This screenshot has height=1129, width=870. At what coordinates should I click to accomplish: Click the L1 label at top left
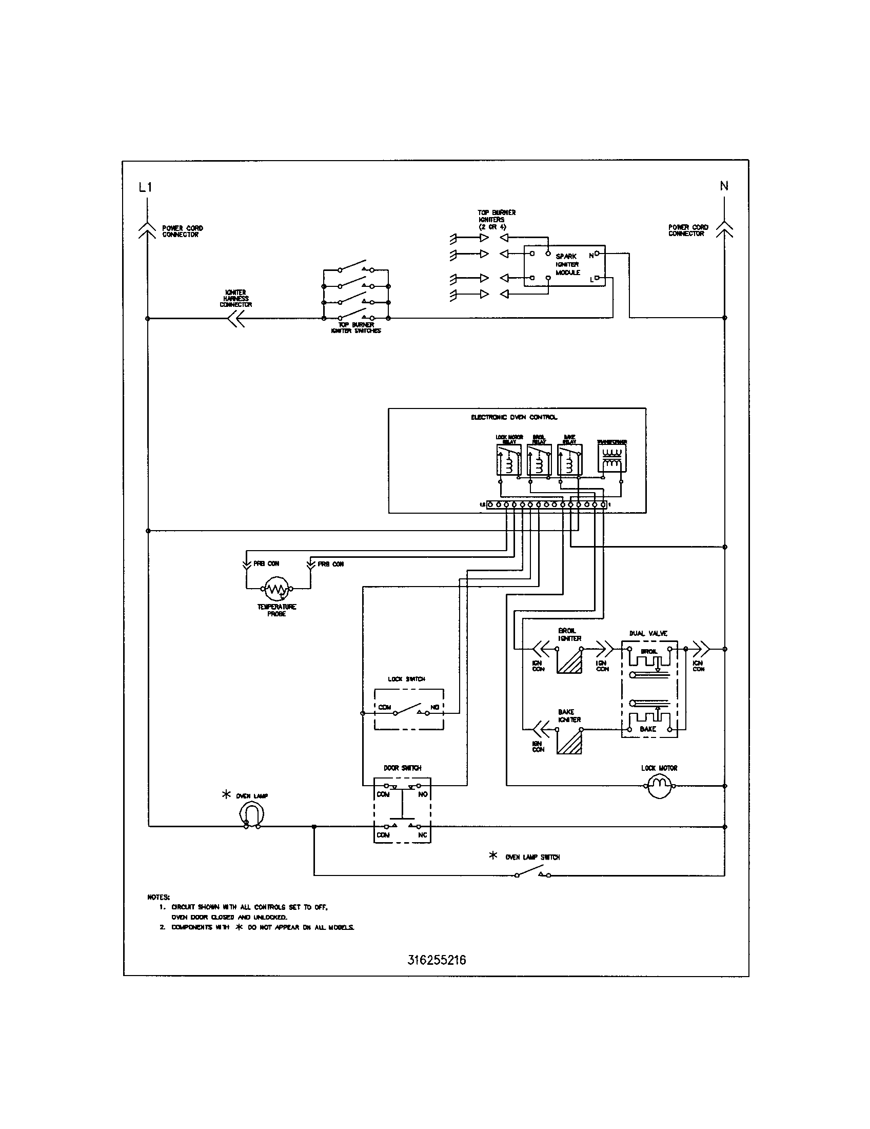point(145,187)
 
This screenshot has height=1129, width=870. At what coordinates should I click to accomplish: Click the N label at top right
point(724,186)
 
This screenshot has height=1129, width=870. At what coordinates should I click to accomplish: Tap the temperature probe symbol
point(277,588)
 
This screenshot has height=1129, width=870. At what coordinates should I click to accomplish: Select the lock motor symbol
point(659,786)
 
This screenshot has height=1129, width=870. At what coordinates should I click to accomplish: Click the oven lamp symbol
point(251,815)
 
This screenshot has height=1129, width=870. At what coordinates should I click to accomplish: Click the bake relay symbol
point(569,460)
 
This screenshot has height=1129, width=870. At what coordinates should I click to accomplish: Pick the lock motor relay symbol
point(509,460)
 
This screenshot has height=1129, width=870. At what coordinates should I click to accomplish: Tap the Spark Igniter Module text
point(567,264)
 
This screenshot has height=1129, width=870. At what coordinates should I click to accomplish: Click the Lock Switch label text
point(406,679)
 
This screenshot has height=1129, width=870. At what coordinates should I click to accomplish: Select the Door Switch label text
point(402,768)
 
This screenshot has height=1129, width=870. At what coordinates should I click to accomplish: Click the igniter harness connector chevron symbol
point(235,319)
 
